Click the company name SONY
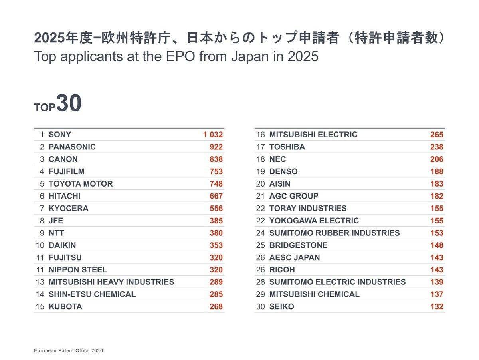pos(60,135)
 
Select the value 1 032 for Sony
pos(213,135)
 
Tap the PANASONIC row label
pos(72,147)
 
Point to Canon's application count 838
pos(216,159)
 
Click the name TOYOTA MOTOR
pos(81,184)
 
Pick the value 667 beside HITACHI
pos(216,196)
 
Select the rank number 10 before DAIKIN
pos(40,245)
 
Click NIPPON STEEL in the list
pos(78,270)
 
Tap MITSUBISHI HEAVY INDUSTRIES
pos(111,282)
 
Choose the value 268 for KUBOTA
pos(216,307)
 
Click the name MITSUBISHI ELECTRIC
pos(313,135)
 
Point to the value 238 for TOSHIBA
pos(437,147)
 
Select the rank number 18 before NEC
pos(260,159)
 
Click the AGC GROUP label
pos(294,196)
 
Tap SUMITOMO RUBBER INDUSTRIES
pos(335,233)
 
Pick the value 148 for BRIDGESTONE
pos(437,245)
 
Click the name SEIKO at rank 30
pos(281,307)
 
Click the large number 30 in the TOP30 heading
pos(69,104)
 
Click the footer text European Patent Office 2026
pos(68,350)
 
